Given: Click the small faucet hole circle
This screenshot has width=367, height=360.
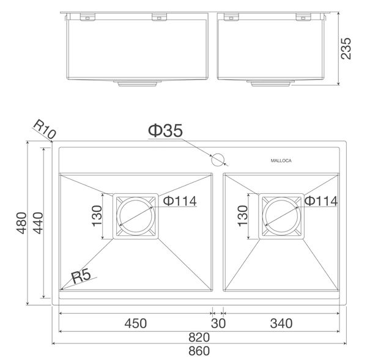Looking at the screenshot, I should coord(217,161).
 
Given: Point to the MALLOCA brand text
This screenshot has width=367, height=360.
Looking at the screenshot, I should coord(282,161).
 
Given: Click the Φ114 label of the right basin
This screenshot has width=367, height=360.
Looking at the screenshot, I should coord(321,200).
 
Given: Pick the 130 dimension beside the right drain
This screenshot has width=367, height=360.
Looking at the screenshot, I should coord(242,216).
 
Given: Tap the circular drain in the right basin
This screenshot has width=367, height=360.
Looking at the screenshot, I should coord(281,216).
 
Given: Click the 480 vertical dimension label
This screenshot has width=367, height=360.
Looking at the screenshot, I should coord(21,224).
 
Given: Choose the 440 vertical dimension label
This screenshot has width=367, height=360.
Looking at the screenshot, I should coord(36,224).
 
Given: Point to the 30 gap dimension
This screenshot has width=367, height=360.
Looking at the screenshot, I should coord(218,323).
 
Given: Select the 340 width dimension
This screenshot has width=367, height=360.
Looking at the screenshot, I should coord(280,323).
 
